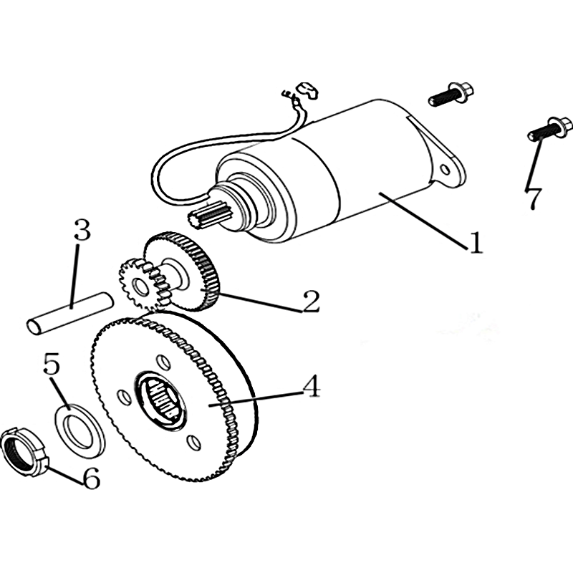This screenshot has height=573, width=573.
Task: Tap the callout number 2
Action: [310, 301]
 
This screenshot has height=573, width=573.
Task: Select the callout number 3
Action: [82, 229]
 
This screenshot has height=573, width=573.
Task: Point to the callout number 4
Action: [311, 387]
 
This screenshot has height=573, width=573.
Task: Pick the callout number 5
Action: [51, 363]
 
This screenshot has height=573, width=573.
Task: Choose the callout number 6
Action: [91, 478]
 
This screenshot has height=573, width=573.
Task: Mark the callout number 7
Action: [534, 198]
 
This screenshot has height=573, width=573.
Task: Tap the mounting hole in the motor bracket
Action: [446, 169]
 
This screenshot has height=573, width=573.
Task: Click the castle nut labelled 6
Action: [24, 452]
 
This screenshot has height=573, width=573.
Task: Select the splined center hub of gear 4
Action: [160, 400]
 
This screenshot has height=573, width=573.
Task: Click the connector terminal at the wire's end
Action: [308, 90]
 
